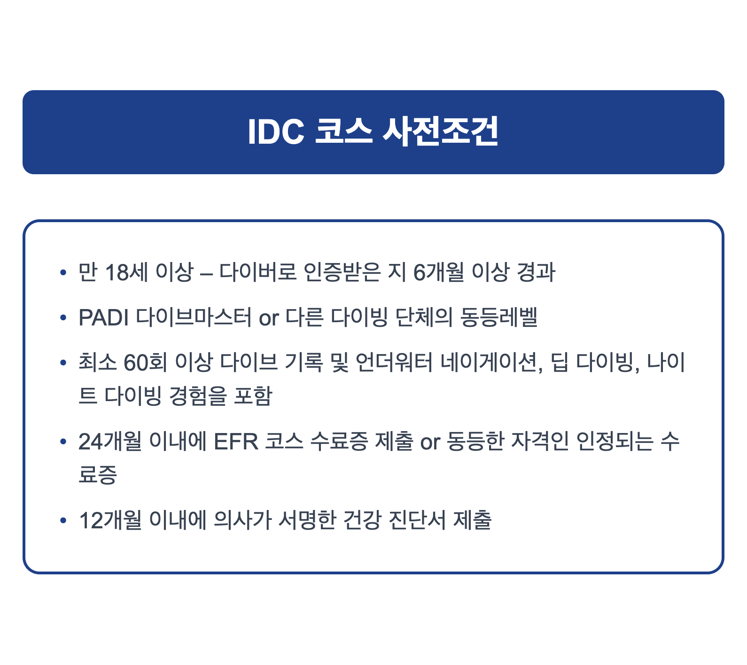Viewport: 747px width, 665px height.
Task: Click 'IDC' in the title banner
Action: (x=276, y=132)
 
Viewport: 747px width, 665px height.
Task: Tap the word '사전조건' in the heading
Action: (x=440, y=132)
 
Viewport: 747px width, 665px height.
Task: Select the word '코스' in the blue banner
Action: (x=343, y=132)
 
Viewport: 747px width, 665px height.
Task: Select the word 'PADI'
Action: (x=104, y=317)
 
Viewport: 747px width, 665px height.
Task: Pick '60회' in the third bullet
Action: (x=145, y=363)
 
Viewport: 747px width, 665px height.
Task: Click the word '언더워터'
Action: (x=394, y=363)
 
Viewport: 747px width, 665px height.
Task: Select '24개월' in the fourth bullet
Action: (x=110, y=441)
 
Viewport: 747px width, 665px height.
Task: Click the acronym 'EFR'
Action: (x=236, y=441)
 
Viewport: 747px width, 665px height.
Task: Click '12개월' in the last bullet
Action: (x=110, y=520)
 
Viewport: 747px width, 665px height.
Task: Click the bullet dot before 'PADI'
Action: (x=63, y=318)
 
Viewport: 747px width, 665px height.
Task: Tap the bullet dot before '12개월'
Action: (x=63, y=521)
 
